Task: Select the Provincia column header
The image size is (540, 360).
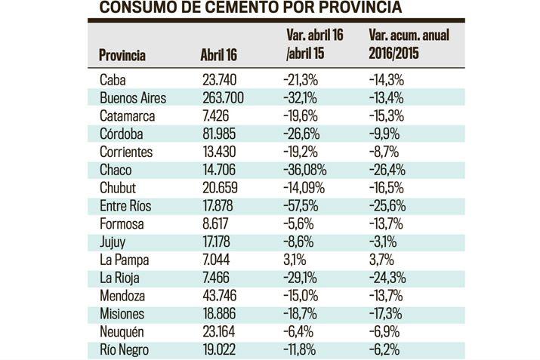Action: (122, 56)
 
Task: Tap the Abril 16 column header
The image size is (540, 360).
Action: (218, 56)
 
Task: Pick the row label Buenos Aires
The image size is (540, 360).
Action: (132, 97)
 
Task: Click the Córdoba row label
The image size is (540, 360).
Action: (120, 134)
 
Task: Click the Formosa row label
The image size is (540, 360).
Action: (121, 223)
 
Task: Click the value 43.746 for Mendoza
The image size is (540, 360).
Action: (220, 295)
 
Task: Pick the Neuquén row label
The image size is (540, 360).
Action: (122, 331)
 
